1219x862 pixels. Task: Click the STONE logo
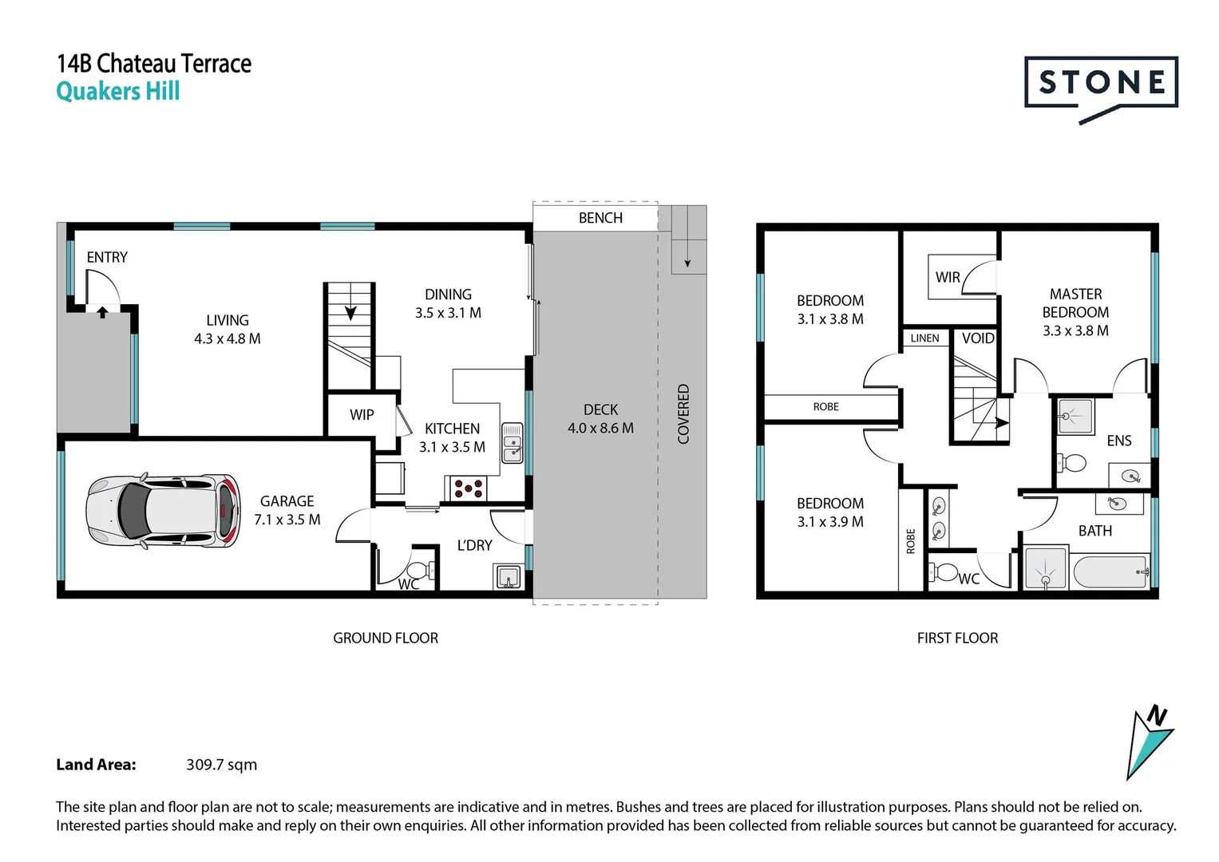click(x=1100, y=84)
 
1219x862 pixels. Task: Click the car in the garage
click(x=163, y=511)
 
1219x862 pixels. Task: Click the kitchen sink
click(x=512, y=444)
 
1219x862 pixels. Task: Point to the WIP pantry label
click(x=362, y=415)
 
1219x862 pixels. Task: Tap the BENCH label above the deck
click(x=600, y=218)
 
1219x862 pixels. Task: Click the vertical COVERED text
click(x=683, y=414)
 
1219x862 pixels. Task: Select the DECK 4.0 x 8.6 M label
click(x=600, y=419)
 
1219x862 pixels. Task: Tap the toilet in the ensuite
click(x=1071, y=463)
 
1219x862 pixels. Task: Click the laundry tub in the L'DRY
click(x=508, y=575)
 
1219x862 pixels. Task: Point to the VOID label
click(x=978, y=338)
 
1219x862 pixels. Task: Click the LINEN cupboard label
click(x=924, y=338)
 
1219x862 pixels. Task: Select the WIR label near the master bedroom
click(x=948, y=277)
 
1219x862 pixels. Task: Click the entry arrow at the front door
click(x=102, y=312)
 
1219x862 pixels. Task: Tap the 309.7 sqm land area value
click(x=221, y=765)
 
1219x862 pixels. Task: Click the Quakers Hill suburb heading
click(x=118, y=92)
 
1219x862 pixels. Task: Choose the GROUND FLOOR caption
click(x=386, y=639)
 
